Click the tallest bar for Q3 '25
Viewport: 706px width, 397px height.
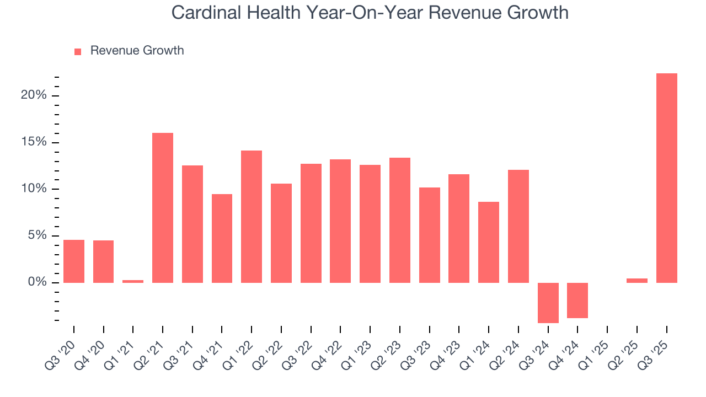tap(666, 178)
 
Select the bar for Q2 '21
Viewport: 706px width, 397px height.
tap(163, 208)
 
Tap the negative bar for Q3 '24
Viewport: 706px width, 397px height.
tap(548, 303)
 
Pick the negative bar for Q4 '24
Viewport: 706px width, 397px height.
tap(577, 301)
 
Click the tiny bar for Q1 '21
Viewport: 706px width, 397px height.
tap(133, 281)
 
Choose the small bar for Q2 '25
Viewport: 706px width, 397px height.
tap(637, 281)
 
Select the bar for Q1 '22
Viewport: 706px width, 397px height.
tap(252, 217)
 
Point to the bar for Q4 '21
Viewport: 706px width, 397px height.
tap(222, 238)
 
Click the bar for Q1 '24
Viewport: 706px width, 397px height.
tap(489, 242)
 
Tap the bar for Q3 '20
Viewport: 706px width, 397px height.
tap(74, 261)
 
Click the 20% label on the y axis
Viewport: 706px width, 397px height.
tap(34, 95)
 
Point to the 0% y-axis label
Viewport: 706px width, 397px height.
tap(38, 282)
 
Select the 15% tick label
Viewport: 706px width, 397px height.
tap(34, 142)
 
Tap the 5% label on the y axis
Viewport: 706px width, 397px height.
tap(38, 236)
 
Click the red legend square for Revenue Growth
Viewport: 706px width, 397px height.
tap(78, 51)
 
